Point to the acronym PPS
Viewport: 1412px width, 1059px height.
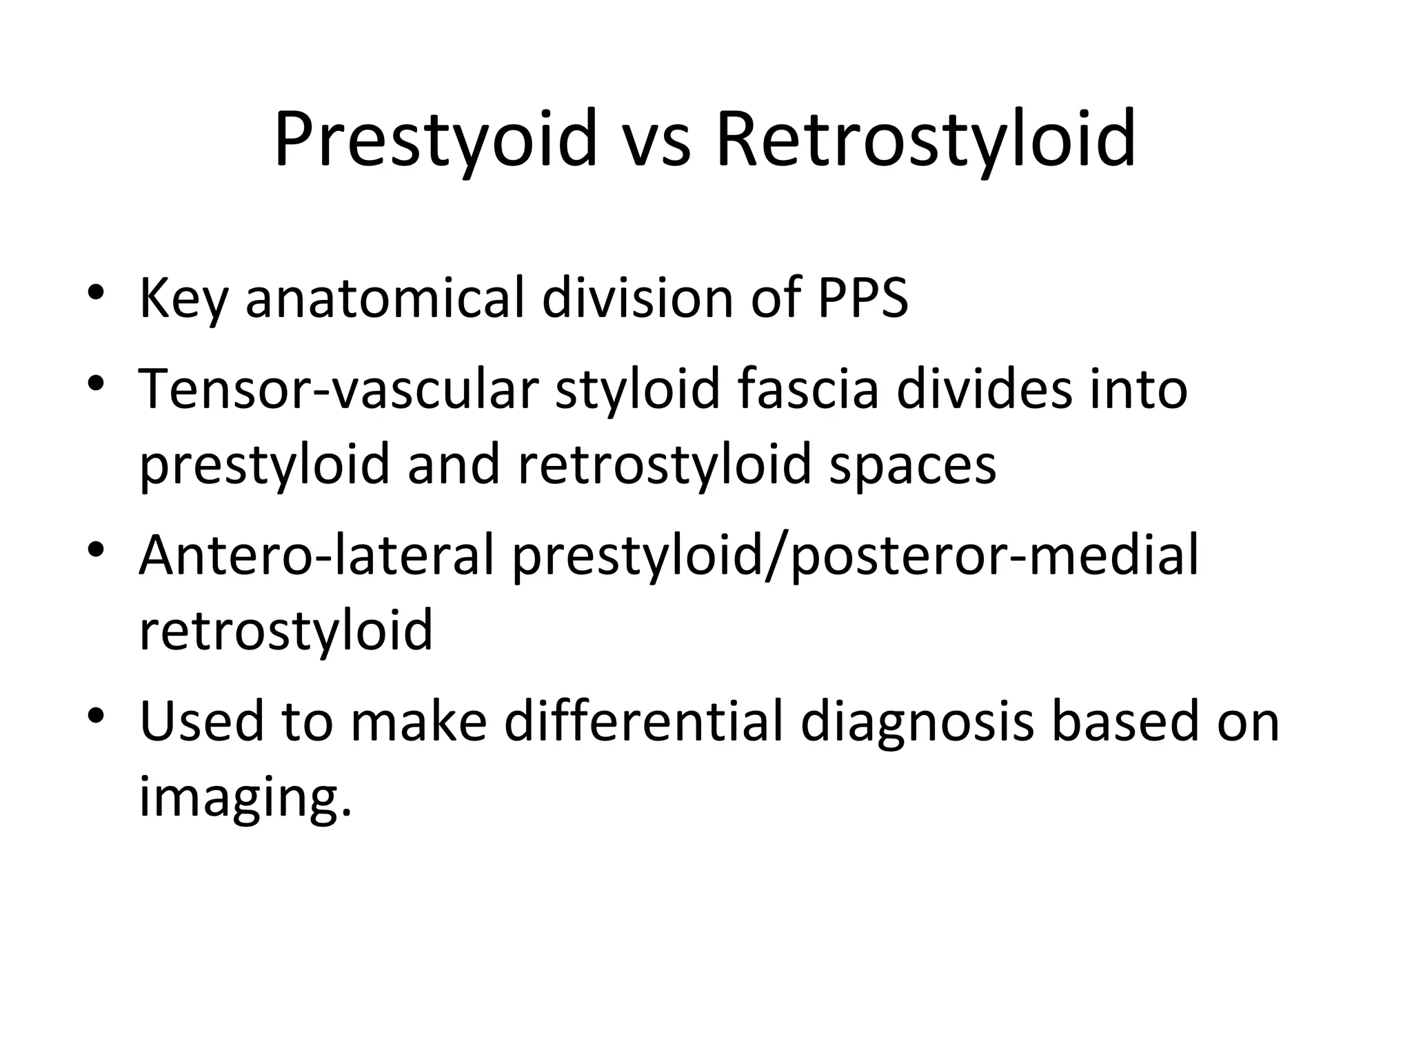coord(863,298)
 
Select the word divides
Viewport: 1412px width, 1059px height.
coord(985,389)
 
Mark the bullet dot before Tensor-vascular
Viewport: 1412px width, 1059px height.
coord(96,382)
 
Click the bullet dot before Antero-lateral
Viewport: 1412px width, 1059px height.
coord(96,549)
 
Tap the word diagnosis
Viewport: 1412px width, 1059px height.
coord(916,721)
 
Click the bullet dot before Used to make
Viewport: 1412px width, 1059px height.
coord(96,714)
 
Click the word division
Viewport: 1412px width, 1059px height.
coord(637,298)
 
